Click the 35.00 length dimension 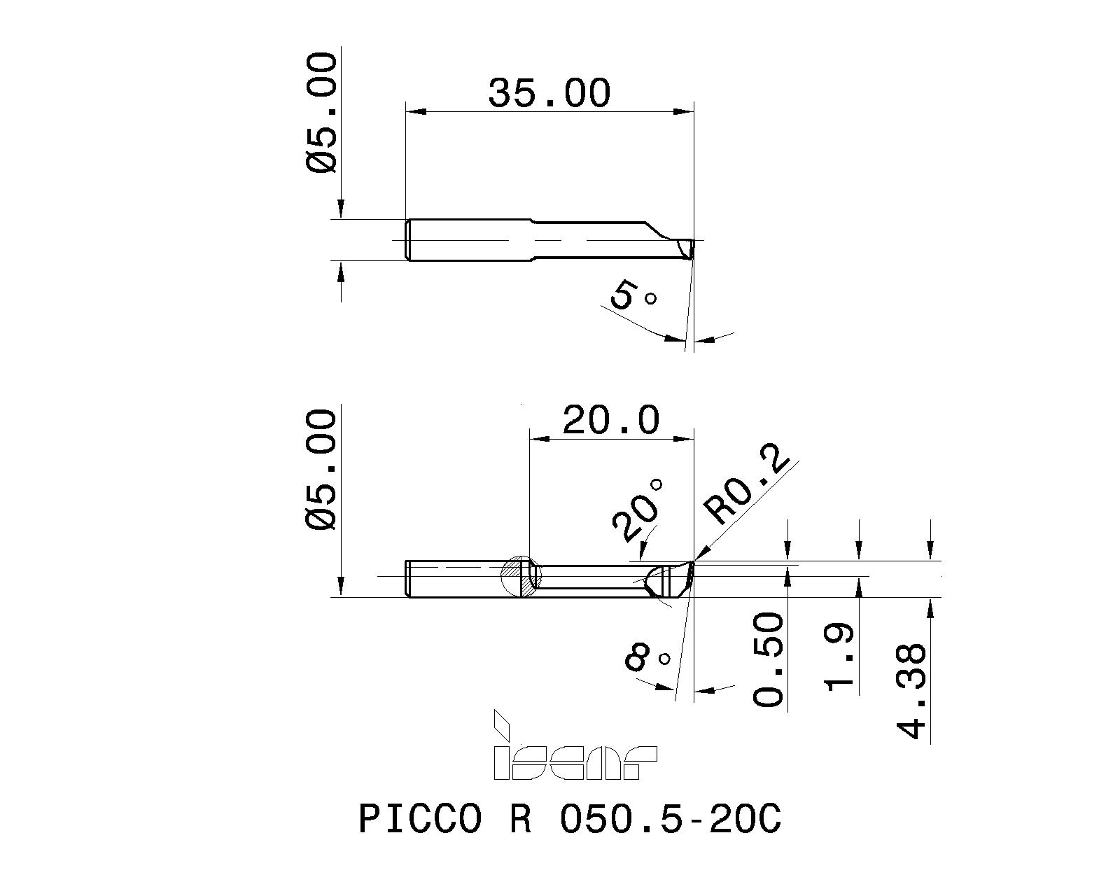click(x=549, y=93)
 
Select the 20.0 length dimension click(x=610, y=421)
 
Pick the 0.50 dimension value click(x=769, y=658)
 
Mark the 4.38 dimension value click(x=912, y=692)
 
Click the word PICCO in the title click(x=420, y=818)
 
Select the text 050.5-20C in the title click(x=670, y=818)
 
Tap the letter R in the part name click(x=520, y=818)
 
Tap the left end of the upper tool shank click(x=409, y=240)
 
